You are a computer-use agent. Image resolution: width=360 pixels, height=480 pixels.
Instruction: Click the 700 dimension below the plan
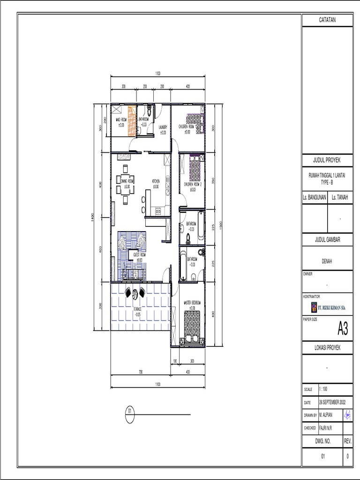click(140, 372)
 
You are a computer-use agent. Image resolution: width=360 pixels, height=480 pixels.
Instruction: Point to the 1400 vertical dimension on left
click(94, 217)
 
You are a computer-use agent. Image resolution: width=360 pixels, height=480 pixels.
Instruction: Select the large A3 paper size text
click(343, 330)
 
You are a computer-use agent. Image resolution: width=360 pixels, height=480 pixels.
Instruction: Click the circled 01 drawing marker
click(130, 412)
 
